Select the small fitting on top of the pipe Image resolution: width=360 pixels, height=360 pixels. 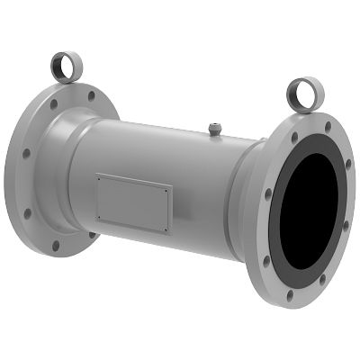215,130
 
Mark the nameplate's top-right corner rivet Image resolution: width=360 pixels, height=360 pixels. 169,189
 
